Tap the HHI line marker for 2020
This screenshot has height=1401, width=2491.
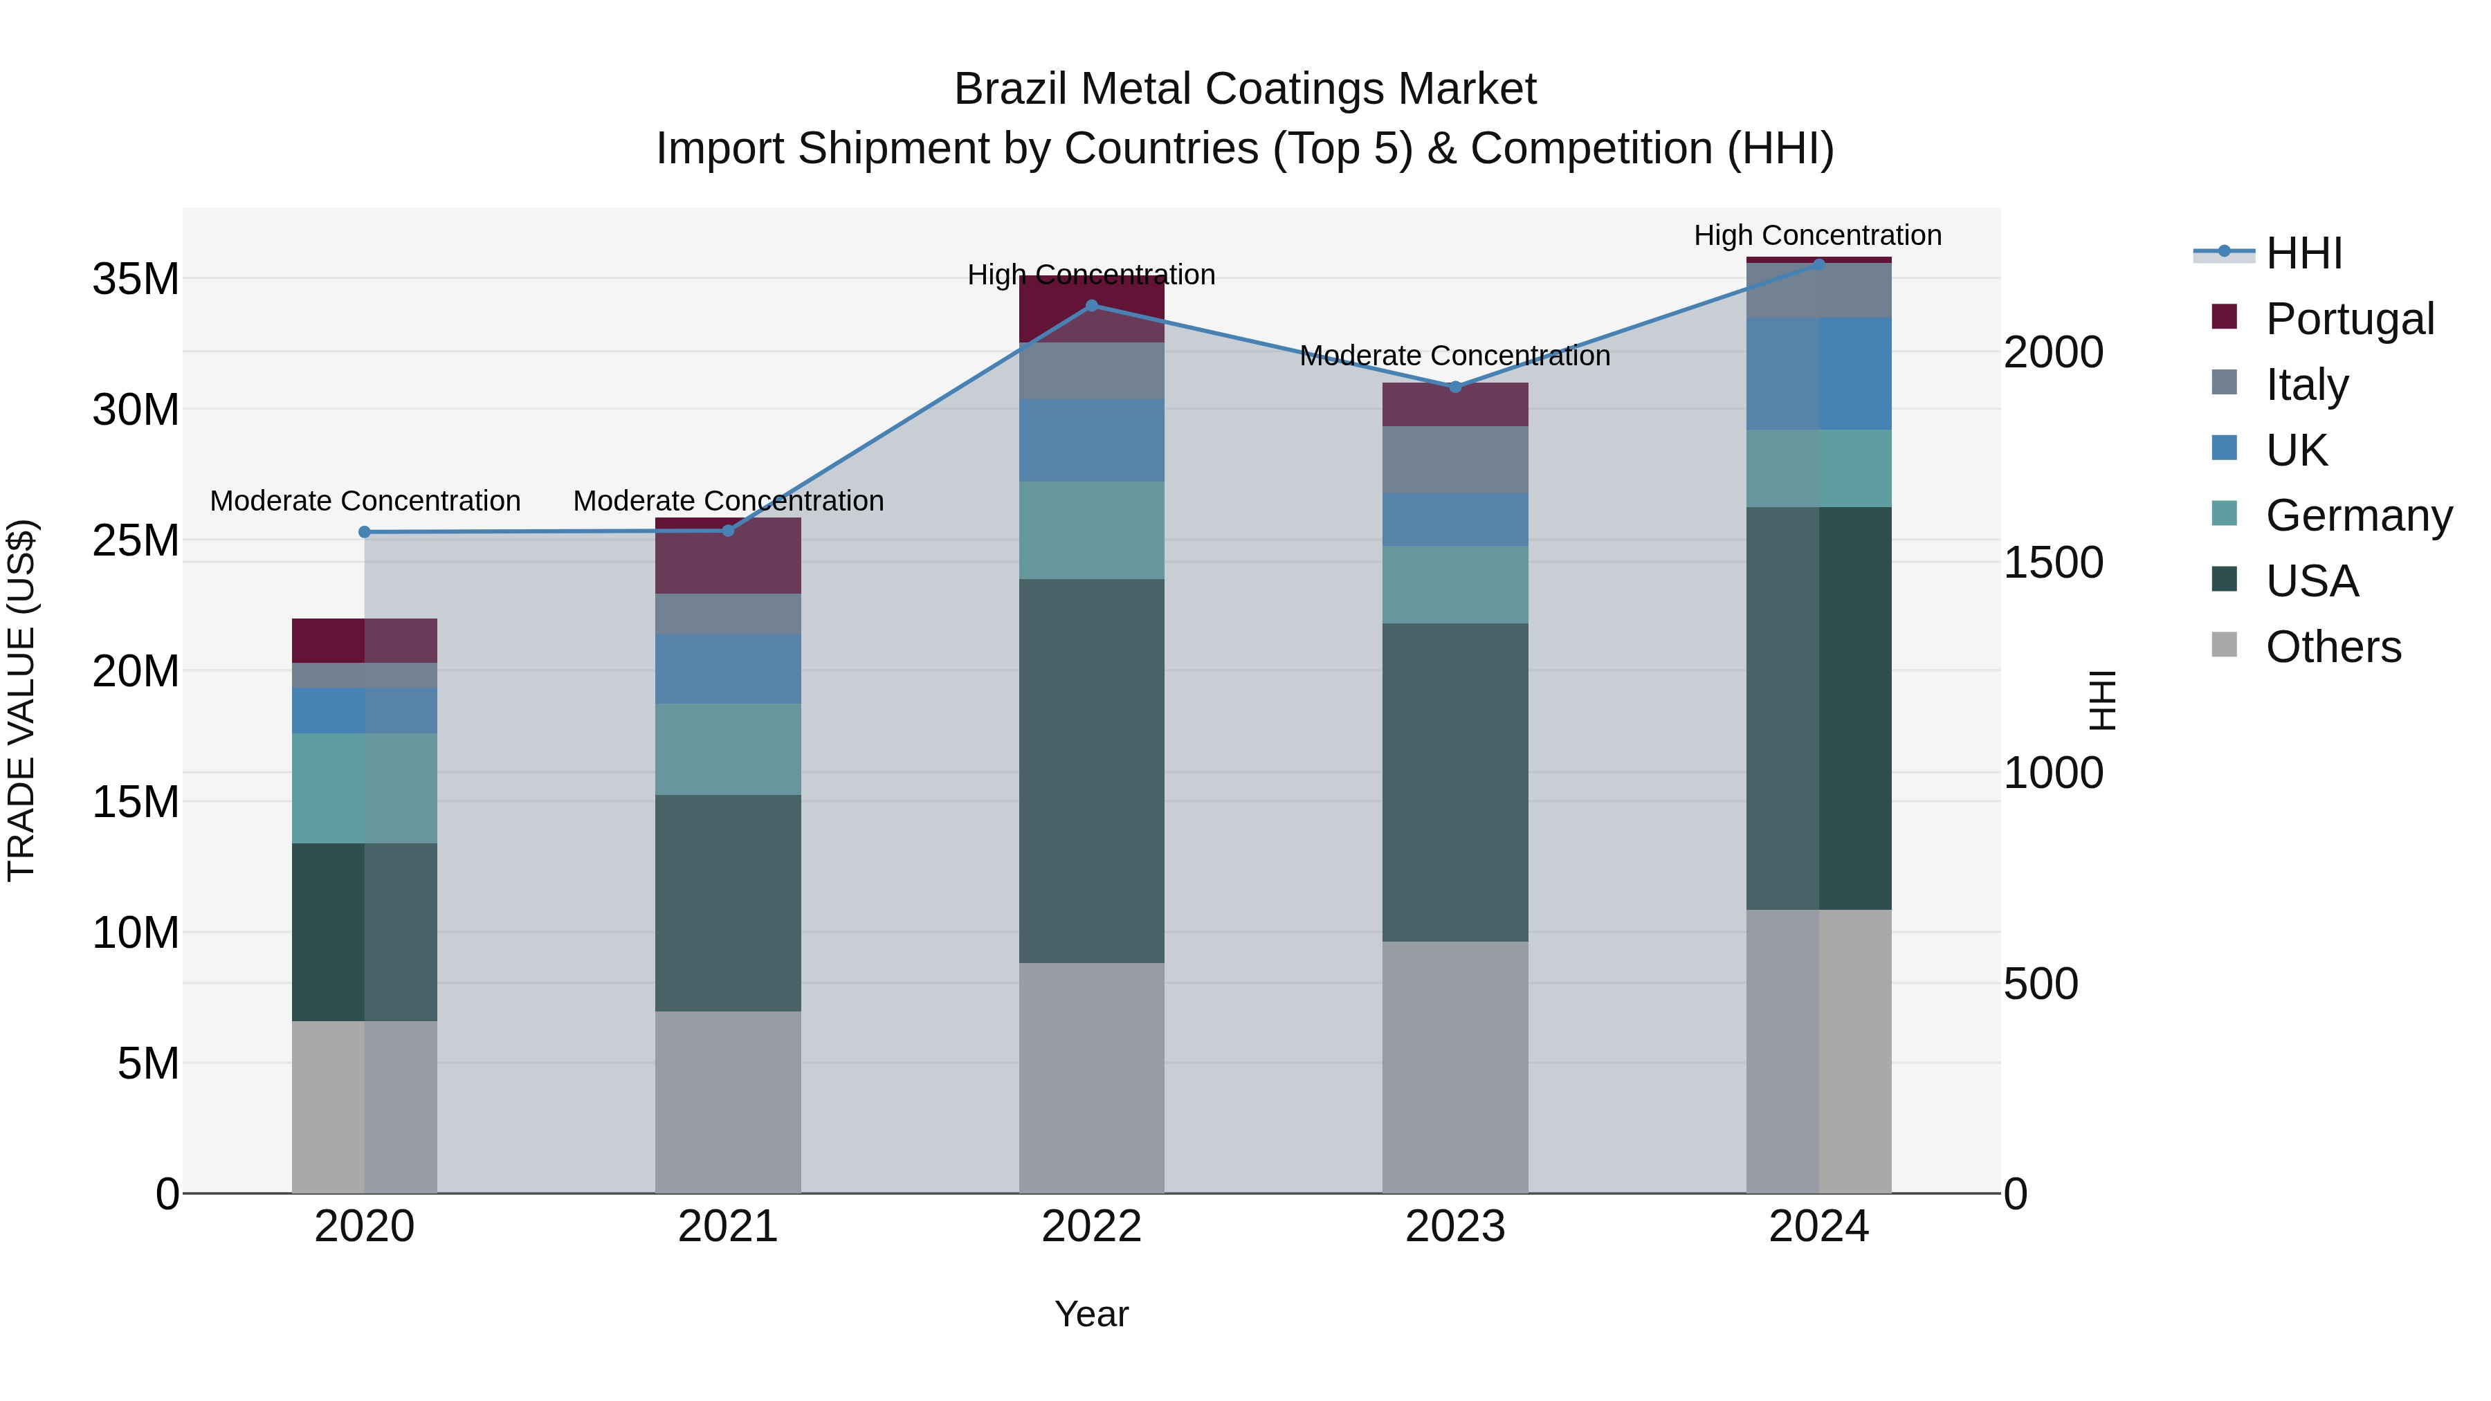(365, 532)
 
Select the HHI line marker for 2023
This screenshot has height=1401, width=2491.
(1454, 387)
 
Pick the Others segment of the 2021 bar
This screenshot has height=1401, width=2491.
(727, 1101)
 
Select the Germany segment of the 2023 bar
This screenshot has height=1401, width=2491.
(1454, 584)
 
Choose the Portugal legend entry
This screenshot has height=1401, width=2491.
(2349, 319)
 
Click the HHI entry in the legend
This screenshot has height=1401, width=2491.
(2303, 253)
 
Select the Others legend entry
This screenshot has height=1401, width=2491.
(2333, 647)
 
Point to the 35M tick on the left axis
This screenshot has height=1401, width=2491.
(136, 280)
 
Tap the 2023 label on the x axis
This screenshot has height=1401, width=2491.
(1454, 1227)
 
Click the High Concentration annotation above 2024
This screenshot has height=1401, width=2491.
(1817, 235)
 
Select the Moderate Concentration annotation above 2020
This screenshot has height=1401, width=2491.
(365, 501)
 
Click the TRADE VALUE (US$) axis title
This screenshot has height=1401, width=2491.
(21, 700)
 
